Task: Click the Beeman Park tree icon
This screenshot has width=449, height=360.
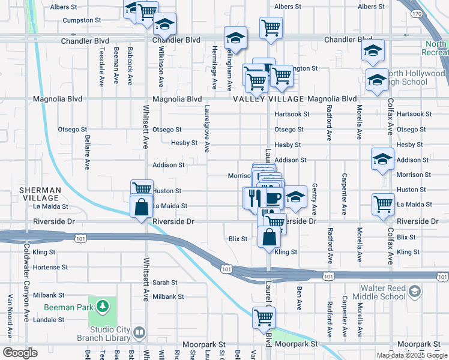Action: click(103, 307)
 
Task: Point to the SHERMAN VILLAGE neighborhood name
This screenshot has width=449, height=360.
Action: click(40, 194)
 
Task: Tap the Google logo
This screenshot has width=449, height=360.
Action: click(20, 353)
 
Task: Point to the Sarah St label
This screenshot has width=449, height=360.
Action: click(164, 282)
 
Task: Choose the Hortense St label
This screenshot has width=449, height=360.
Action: click(50, 267)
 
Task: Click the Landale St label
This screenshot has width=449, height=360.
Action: click(49, 320)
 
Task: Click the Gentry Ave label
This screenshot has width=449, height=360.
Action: click(314, 200)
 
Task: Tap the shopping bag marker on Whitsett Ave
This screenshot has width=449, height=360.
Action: click(140, 207)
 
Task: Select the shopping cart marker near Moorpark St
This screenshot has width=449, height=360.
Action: click(264, 317)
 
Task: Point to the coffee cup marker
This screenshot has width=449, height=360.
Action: click(274, 197)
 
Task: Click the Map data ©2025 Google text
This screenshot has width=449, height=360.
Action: click(412, 355)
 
